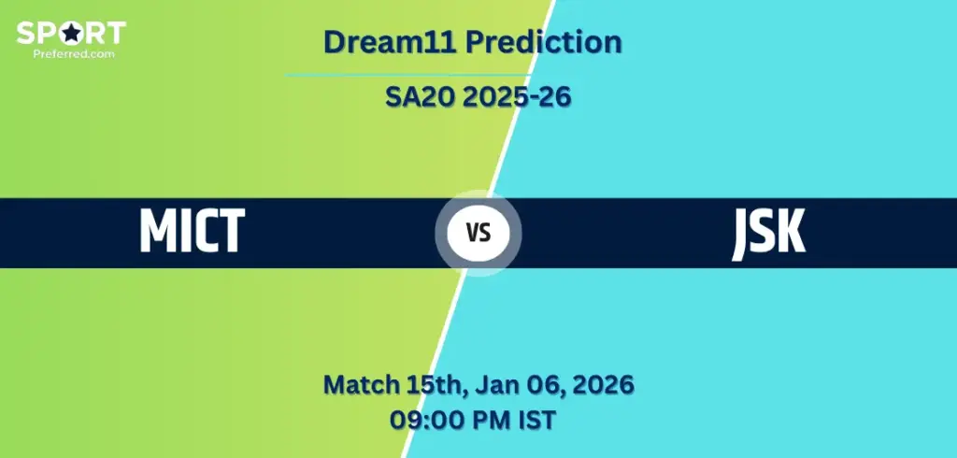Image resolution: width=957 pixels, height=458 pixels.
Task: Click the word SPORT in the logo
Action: (x=71, y=33)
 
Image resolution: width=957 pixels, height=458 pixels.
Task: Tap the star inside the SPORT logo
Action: (x=71, y=34)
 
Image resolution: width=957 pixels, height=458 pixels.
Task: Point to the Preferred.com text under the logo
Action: (x=74, y=53)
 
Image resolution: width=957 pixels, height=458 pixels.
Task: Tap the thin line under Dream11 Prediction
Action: (x=407, y=75)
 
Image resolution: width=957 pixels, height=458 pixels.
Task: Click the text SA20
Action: (x=420, y=96)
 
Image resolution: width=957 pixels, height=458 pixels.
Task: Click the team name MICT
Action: (x=193, y=231)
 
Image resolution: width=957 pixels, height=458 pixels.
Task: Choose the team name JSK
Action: (x=768, y=234)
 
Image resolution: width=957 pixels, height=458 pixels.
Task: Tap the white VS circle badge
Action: (x=478, y=234)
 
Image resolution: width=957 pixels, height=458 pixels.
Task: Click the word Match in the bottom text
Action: (x=361, y=385)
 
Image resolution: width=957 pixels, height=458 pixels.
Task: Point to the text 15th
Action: (x=435, y=385)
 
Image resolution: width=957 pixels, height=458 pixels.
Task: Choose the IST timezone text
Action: (x=536, y=420)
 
